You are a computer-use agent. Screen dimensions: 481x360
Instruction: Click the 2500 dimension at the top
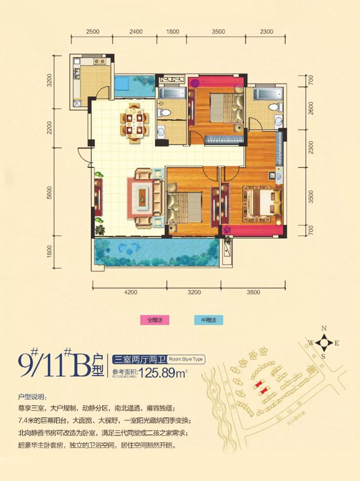[93, 32]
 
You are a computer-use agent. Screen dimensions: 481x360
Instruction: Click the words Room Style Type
[187, 360]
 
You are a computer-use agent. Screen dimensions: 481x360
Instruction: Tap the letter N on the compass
[324, 328]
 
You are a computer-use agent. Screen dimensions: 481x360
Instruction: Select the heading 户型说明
[30, 398]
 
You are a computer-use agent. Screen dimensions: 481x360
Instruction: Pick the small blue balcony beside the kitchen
[128, 83]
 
